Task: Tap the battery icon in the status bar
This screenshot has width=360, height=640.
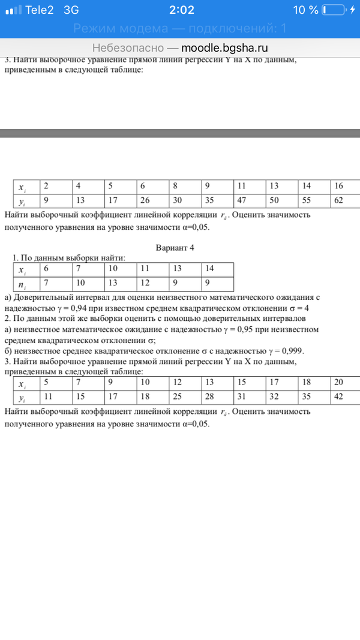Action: point(333,10)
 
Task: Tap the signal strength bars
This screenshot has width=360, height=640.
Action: point(13,11)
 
